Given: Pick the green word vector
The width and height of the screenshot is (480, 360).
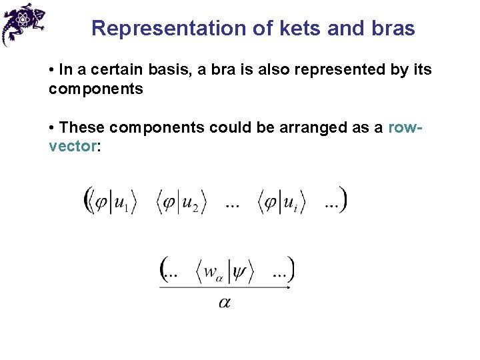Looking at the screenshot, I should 72,146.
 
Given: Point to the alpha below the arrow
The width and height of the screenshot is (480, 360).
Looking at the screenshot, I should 225,303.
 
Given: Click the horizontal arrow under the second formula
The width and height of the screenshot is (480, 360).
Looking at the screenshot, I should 225,288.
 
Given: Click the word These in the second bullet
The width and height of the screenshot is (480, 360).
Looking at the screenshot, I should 82,127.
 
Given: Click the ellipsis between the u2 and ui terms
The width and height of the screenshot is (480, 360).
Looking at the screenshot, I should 233,206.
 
